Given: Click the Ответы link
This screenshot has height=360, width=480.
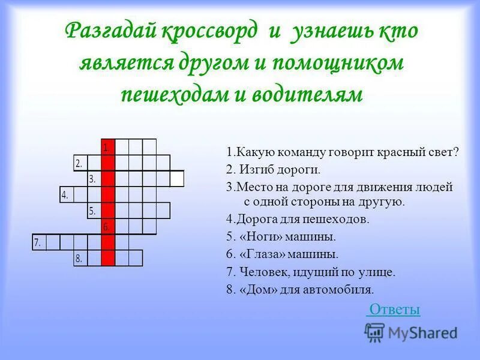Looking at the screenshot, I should tap(394, 310).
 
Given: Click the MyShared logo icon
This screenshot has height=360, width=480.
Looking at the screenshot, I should tap(375, 331).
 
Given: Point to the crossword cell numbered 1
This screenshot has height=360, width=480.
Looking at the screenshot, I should tap(108, 147).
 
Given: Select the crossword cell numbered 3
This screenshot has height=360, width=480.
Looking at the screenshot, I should tap(94, 179).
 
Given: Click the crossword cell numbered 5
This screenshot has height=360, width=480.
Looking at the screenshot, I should tap(94, 210).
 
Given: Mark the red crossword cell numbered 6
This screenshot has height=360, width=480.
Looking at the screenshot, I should tap(108, 226).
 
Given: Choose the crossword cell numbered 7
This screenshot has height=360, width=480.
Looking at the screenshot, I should tap(38, 242).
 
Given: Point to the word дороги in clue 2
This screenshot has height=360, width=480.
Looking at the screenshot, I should tap(291, 169).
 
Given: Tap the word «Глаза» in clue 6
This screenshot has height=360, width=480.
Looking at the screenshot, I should tap(259, 254).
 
